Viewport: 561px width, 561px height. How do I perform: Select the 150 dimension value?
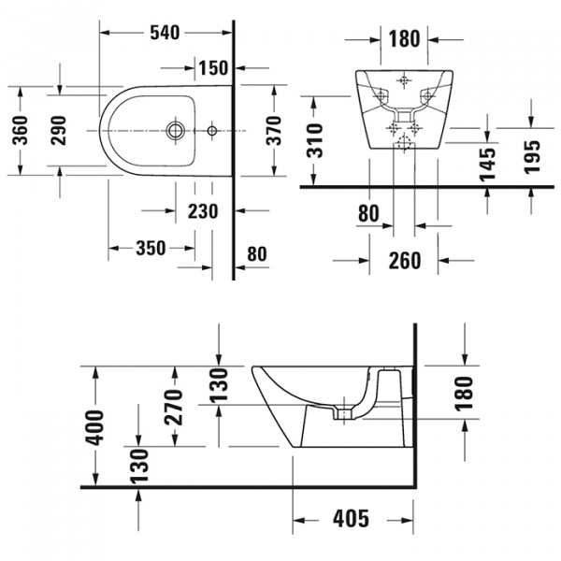[213, 67]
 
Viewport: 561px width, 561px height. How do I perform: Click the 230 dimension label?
[201, 211]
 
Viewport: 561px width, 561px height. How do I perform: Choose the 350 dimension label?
[150, 248]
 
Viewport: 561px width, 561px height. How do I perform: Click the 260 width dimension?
[404, 261]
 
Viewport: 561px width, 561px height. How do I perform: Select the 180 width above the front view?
[403, 39]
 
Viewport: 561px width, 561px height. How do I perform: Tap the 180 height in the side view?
[464, 393]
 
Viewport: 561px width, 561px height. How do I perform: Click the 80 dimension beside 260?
[368, 214]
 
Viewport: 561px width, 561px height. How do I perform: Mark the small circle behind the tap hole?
[211, 128]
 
